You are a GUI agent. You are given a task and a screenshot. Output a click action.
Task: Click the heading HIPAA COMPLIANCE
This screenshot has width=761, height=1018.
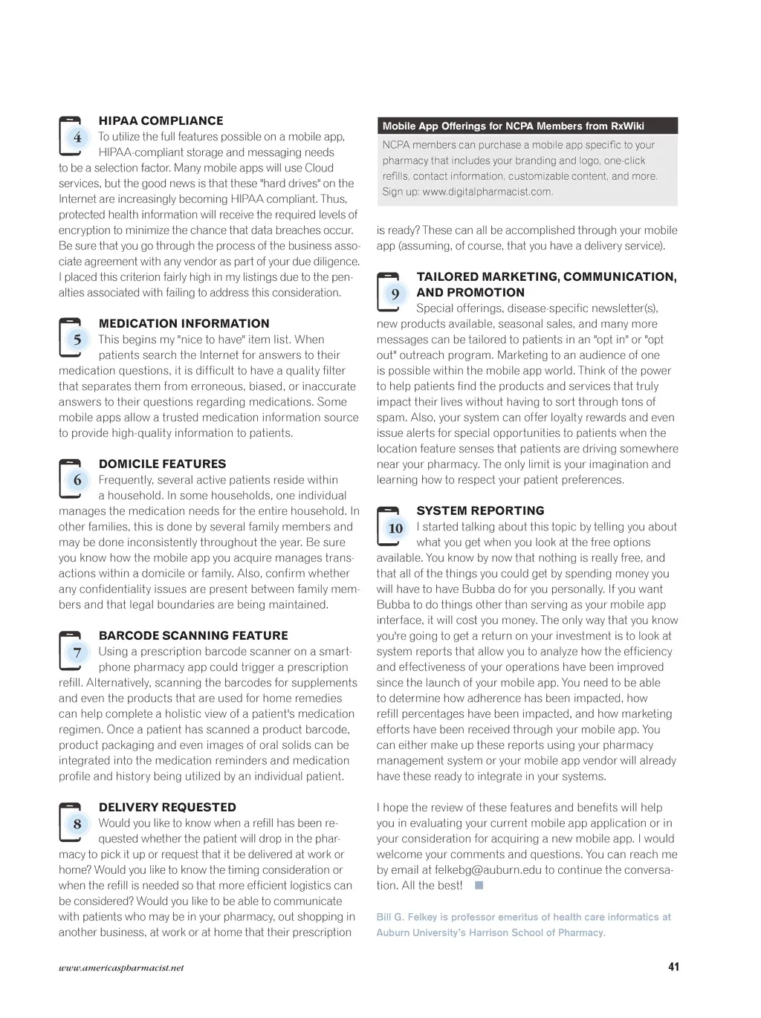pos(161,120)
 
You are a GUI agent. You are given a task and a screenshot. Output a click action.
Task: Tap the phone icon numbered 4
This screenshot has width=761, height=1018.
pos(71,136)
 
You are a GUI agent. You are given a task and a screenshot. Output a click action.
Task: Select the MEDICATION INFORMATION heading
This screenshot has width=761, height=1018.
pos(184,323)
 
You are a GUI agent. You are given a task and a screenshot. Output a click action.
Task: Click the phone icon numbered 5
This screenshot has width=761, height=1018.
pos(71,339)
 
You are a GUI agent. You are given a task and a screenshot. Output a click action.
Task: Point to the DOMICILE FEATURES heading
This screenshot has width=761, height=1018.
pos(162,464)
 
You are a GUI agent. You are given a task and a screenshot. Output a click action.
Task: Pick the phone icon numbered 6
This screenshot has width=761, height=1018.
pos(71,479)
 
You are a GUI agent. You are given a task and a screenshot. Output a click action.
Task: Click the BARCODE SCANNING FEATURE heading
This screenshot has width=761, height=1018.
pos(193,635)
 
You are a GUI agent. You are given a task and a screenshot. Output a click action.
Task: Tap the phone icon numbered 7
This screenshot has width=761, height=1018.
pos(71,652)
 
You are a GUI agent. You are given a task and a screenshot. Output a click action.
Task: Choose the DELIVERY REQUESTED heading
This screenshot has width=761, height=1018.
pos(167,807)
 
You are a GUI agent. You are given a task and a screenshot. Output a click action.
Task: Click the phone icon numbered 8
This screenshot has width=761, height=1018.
pos(71,823)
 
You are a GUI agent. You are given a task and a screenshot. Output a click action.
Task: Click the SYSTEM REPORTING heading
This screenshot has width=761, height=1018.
pos(480,510)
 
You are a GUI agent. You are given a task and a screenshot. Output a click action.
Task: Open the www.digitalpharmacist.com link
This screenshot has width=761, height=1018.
pos(487,192)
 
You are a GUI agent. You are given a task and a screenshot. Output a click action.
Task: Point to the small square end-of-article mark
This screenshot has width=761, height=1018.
pos(479,885)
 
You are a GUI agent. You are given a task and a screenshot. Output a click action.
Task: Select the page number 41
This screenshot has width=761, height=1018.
pos(673,967)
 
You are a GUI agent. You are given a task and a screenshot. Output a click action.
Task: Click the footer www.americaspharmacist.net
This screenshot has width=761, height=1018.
pos(121,967)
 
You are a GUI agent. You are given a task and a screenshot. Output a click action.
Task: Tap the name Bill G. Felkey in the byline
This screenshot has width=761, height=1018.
pos(406,917)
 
